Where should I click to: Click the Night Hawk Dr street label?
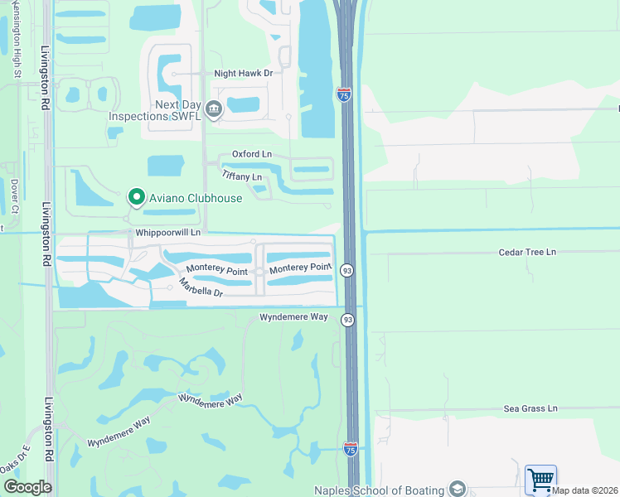click(x=244, y=74)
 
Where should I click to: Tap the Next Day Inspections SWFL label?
click(x=155, y=110)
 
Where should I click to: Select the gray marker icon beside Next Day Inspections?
click(x=214, y=109)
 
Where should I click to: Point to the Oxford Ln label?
click(x=251, y=154)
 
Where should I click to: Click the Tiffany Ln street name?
click(x=242, y=176)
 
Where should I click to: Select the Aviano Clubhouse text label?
click(x=196, y=198)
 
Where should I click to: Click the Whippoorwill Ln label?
click(x=167, y=234)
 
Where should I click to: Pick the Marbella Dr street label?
click(x=201, y=288)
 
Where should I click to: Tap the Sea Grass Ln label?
click(x=530, y=408)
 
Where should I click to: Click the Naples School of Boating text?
click(x=378, y=489)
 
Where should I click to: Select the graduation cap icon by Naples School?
click(x=457, y=488)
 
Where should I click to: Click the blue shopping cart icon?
click(x=540, y=479)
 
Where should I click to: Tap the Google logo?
click(x=27, y=487)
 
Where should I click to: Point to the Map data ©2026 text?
click(x=585, y=490)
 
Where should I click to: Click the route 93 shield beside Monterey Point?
click(x=347, y=271)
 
